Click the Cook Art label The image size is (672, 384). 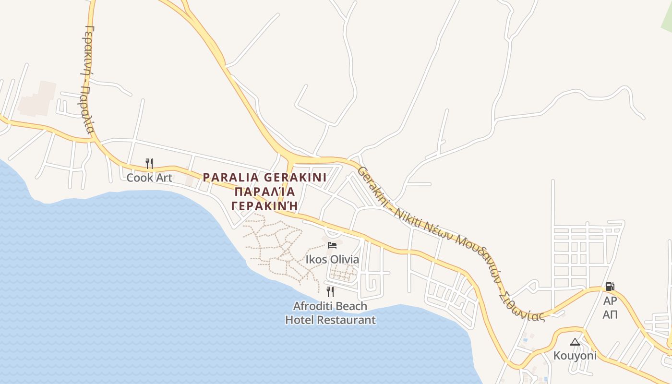[x=149, y=178]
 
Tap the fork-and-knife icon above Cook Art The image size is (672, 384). [x=149, y=164]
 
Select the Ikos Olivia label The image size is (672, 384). [x=332, y=260]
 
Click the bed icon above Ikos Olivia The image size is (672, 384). [x=332, y=245]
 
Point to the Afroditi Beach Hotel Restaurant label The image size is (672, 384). [x=330, y=312]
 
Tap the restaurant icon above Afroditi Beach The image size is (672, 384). [x=330, y=291]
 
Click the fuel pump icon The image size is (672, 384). [x=610, y=287]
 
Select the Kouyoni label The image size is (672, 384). [x=575, y=356]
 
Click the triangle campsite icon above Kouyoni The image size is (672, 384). [x=575, y=342]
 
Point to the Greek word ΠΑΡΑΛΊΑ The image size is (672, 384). [x=264, y=192]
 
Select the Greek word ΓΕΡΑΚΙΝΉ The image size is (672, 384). [x=264, y=205]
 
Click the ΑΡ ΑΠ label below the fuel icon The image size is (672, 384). [x=610, y=308]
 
